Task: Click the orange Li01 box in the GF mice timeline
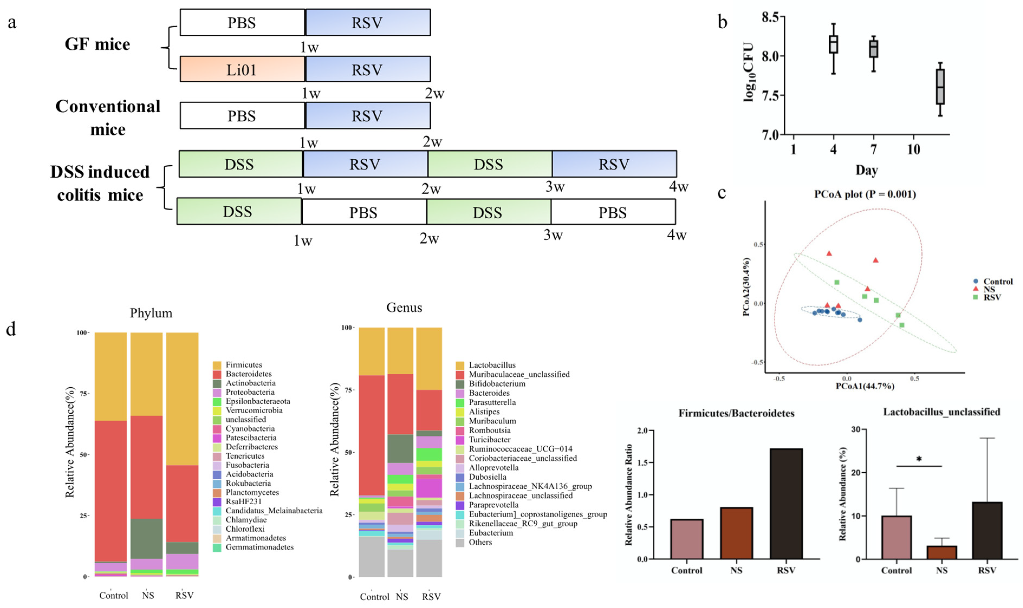click(242, 69)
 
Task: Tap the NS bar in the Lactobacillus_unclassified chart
click(941, 552)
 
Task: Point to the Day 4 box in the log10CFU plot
click(833, 44)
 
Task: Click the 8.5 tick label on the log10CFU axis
click(770, 17)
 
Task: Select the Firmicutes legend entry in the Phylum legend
click(243, 365)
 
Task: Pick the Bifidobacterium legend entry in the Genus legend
click(497, 384)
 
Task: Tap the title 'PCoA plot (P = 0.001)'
click(865, 194)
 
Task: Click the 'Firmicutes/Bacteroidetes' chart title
click(736, 413)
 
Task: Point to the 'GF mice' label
click(97, 44)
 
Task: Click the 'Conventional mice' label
click(108, 117)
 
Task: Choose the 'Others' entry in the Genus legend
click(480, 542)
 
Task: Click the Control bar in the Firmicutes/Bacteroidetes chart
click(687, 539)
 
